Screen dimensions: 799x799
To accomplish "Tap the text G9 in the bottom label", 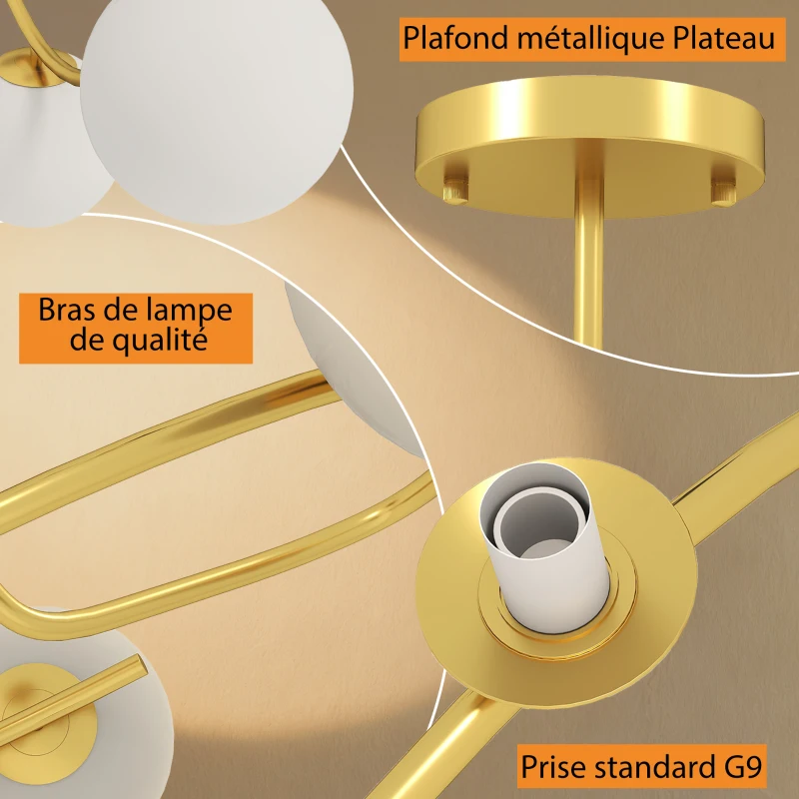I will click(x=739, y=769).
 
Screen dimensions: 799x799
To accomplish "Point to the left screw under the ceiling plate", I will click(x=455, y=184).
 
